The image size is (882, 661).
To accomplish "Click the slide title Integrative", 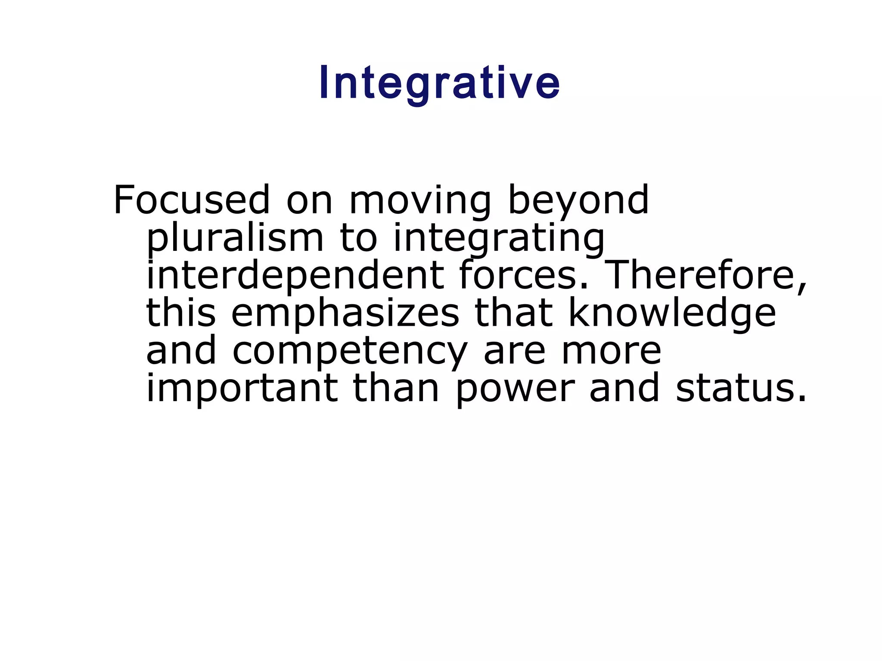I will click(x=440, y=83).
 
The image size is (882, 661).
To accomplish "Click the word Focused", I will click(x=192, y=200).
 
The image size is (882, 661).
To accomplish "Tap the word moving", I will click(x=420, y=201).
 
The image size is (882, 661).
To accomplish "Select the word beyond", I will click(x=578, y=201).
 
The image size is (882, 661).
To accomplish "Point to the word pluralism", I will click(x=235, y=239).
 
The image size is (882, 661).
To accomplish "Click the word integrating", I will click(x=499, y=239).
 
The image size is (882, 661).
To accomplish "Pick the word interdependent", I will click(x=295, y=276).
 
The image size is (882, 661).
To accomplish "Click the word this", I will click(x=181, y=313).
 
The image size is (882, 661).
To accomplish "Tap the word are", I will click(x=515, y=351).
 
